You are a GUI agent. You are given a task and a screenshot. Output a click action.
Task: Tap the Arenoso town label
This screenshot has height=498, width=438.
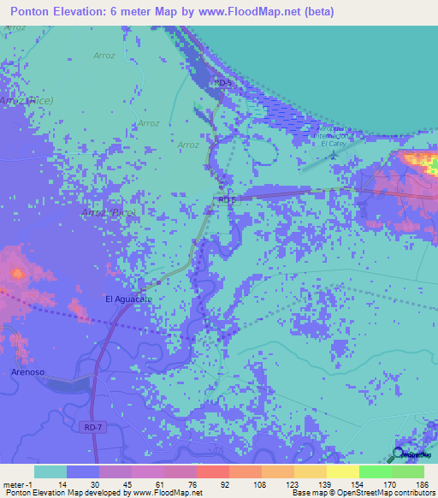click(28, 372)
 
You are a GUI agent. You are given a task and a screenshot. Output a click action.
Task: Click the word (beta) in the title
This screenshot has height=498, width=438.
click(314, 12)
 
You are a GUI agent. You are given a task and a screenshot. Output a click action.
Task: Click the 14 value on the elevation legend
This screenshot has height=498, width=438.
click(50, 484)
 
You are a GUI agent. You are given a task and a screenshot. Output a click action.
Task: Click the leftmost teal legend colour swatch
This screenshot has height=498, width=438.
click(50, 471)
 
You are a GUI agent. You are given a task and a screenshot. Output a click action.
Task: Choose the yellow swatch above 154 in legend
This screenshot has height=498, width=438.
click(343, 471)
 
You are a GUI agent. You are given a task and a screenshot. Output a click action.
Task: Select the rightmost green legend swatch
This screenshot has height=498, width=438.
click(408, 471)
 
